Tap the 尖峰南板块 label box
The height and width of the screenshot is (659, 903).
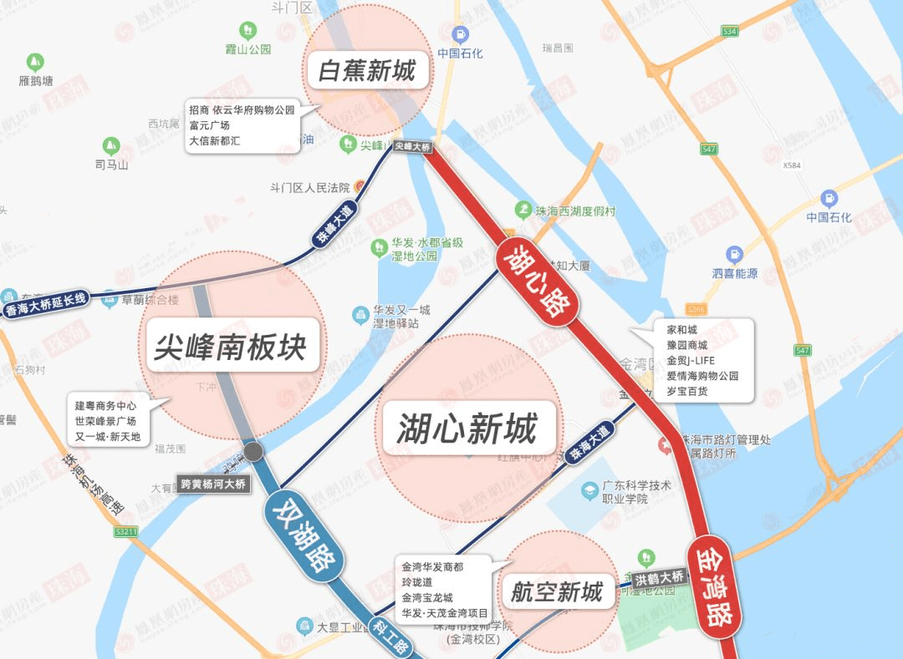tap(230, 346)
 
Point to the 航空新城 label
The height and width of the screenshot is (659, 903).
tap(557, 592)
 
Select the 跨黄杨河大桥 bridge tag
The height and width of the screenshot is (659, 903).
tap(213, 484)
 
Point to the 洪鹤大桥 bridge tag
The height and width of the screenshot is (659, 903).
tap(659, 577)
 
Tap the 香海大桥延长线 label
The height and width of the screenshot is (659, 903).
tap(46, 305)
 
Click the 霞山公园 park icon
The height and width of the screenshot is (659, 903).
tap(247, 31)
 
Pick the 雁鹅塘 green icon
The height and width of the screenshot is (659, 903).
tap(35, 62)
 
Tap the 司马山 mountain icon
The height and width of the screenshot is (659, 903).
tap(111, 146)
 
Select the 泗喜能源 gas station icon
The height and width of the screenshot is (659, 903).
tap(734, 254)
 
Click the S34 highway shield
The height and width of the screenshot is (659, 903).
tap(730, 31)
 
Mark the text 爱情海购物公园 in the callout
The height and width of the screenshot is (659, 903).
tap(702, 376)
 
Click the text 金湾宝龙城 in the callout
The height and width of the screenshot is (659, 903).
tap(426, 597)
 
